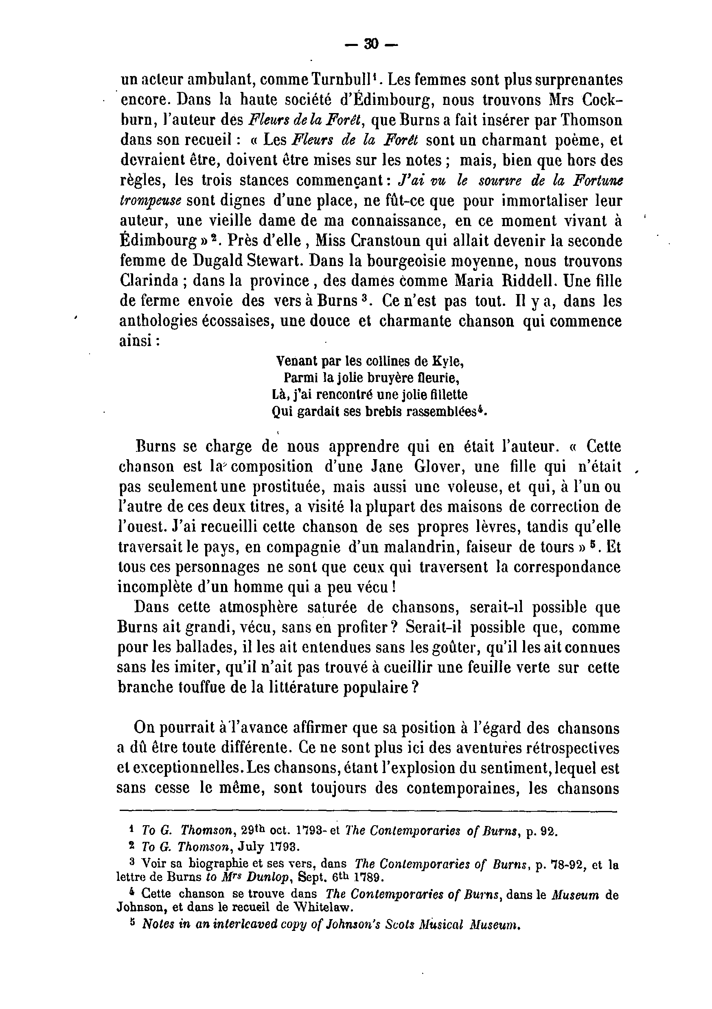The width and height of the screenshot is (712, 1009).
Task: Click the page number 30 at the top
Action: coord(371,44)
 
